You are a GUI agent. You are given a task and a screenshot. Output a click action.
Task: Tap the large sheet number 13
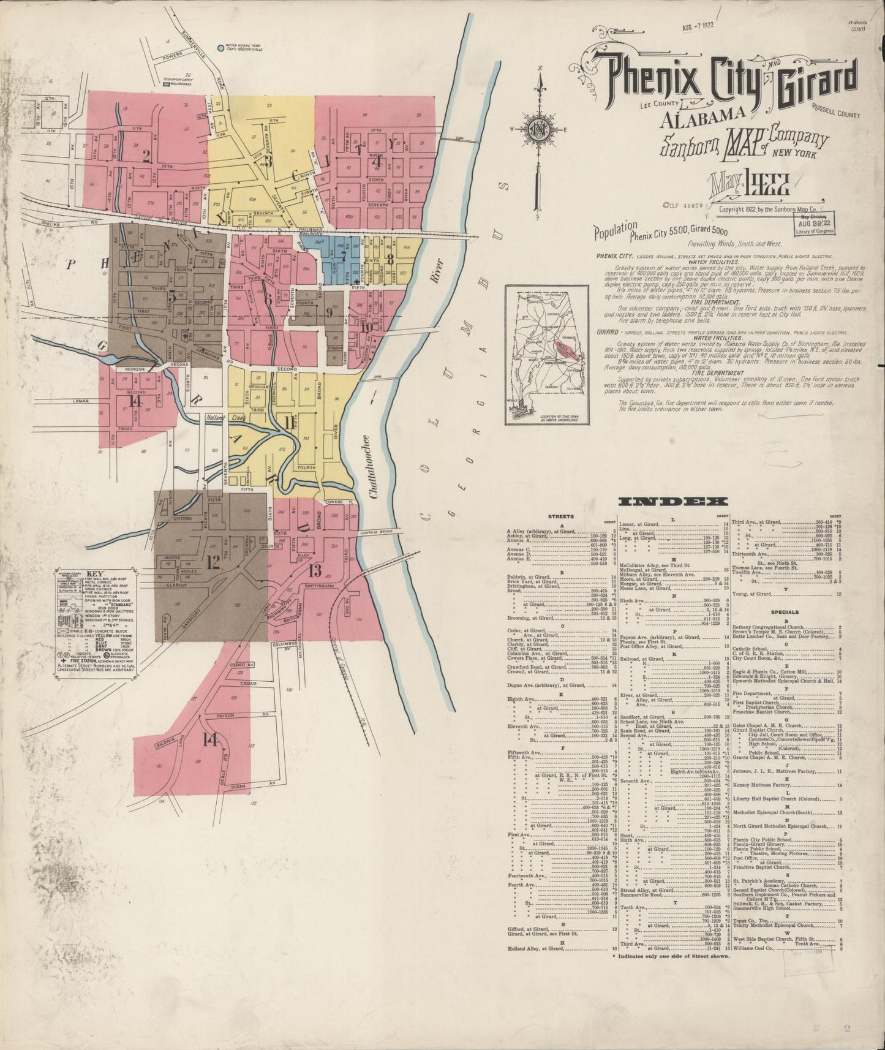[x=315, y=571]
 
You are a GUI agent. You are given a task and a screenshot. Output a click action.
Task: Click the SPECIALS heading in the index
[x=785, y=611]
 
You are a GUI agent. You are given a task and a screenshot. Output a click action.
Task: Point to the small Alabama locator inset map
[x=546, y=355]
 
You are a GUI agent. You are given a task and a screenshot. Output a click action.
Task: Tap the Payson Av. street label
[x=227, y=716]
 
